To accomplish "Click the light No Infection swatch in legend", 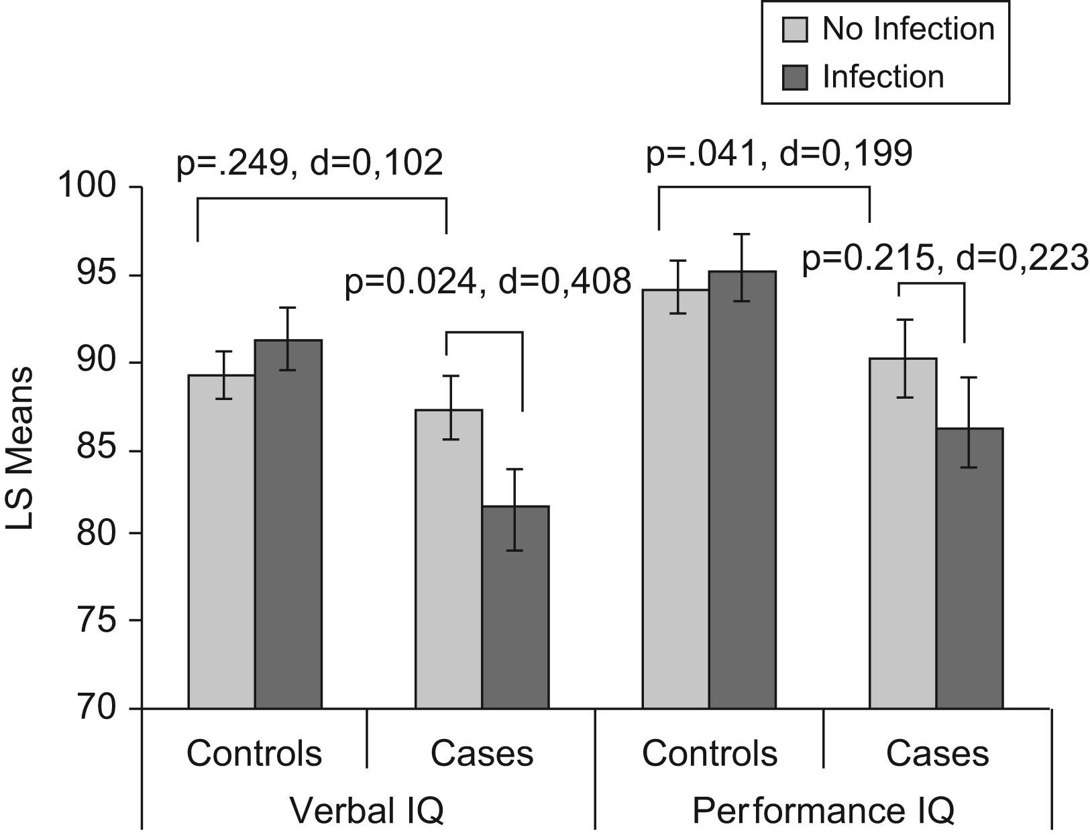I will point(795,30).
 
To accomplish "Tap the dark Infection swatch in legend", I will point(795,77).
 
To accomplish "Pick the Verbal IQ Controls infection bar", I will point(288,524).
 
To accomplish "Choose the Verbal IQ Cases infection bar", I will point(515,607).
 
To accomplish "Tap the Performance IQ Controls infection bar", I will point(742,489).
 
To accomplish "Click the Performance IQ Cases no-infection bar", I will point(903,533).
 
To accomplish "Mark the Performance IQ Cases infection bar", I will point(969,568).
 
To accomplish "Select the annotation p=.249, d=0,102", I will point(309,163).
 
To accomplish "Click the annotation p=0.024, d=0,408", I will point(488,282).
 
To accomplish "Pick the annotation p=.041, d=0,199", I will point(779,154).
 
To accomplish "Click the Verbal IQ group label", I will point(367,811).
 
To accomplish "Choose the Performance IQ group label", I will point(822,811).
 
